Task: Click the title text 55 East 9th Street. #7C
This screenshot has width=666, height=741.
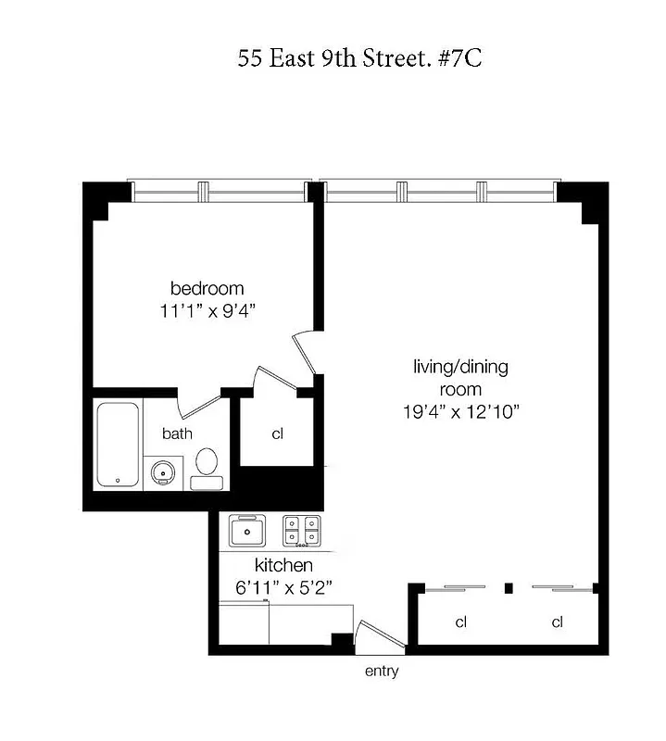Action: [x=358, y=59]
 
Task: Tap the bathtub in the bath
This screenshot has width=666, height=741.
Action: [x=118, y=444]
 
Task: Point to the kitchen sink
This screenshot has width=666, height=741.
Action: [x=247, y=531]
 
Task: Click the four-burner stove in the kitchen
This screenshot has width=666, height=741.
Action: [x=303, y=530]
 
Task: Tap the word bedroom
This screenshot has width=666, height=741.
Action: [x=207, y=287]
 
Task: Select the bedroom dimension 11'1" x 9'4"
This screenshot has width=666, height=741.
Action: [x=207, y=311]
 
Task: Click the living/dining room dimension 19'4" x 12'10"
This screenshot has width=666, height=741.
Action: [x=460, y=411]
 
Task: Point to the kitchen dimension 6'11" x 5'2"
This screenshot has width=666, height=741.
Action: [x=283, y=586]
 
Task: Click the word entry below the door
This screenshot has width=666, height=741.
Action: [x=381, y=672]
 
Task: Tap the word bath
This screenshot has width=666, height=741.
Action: [x=177, y=433]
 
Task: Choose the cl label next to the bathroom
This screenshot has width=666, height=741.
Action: [x=277, y=433]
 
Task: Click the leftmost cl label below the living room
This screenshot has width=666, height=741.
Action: [x=460, y=622]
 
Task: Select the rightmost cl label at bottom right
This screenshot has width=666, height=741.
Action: [x=557, y=622]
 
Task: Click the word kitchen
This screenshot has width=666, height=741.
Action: [x=283, y=565]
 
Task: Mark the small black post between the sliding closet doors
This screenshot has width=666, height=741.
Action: [x=508, y=587]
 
